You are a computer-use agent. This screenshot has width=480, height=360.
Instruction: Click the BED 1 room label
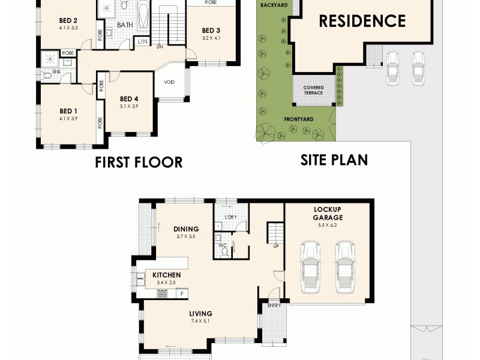pyautogui.click(x=68, y=110)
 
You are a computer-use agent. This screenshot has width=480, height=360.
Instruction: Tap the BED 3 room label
pyautogui.click(x=211, y=31)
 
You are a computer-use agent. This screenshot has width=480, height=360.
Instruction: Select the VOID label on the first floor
pyautogui.click(x=169, y=82)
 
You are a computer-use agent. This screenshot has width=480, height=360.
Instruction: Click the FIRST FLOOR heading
pyautogui.click(x=139, y=162)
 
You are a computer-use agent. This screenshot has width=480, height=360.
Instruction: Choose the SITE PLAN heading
pyautogui.click(x=334, y=160)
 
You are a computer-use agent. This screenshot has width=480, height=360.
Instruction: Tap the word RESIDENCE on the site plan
pyautogui.click(x=362, y=22)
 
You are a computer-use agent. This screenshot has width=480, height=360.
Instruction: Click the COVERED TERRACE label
pyautogui.click(x=313, y=90)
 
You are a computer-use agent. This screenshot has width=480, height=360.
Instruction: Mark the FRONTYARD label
pyautogui.click(x=299, y=119)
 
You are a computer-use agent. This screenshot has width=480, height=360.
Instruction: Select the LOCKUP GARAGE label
pyautogui.click(x=328, y=213)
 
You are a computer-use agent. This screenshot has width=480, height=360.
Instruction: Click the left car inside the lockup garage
pyautogui.click(x=310, y=266)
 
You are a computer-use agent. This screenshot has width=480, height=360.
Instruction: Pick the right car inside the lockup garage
pyautogui.click(x=345, y=266)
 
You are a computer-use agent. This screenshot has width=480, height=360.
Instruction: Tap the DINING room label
pyautogui.click(x=186, y=229)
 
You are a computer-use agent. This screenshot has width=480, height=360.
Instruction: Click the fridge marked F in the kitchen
pyautogui.click(x=182, y=293)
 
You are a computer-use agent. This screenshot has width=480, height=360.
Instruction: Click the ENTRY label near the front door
pyautogui.click(x=274, y=305)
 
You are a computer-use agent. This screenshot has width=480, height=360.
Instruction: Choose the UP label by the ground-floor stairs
pyautogui.click(x=275, y=247)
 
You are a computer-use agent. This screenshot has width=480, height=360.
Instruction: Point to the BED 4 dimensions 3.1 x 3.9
pyautogui.click(x=129, y=106)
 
